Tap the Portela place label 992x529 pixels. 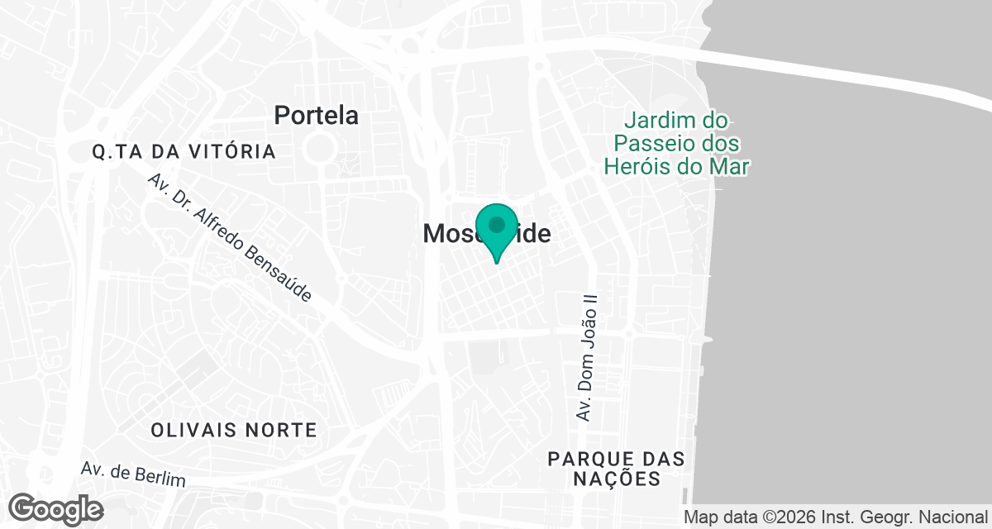click(317, 115)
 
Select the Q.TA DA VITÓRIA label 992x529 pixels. click(184, 152)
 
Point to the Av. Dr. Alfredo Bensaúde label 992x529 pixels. click(230, 238)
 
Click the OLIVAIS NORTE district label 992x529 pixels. click(234, 430)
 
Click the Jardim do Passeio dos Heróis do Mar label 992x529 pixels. click(676, 143)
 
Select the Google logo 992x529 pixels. click(56, 508)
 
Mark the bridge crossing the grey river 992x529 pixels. click(843, 72)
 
